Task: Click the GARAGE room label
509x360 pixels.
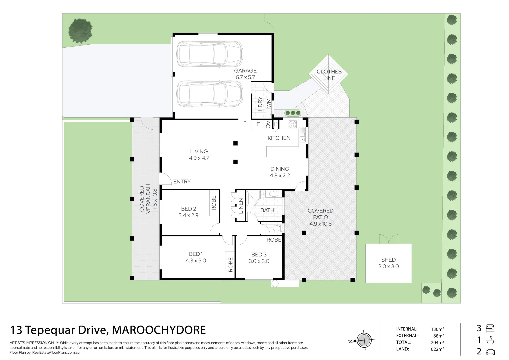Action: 245,71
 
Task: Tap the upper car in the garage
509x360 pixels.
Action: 209,54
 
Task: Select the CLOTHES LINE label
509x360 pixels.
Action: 329,75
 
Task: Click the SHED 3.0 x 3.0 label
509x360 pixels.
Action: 388,263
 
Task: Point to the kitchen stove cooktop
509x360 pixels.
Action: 293,125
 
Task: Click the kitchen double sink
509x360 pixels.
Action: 302,137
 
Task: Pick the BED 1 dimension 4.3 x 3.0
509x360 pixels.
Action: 196,261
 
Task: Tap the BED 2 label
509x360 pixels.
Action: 188,209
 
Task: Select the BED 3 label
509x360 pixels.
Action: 259,255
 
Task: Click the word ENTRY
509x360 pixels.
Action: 182,182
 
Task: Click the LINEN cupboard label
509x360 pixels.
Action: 241,206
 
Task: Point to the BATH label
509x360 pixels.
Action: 267,210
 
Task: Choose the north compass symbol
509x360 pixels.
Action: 363,341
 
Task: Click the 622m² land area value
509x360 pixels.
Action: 437,349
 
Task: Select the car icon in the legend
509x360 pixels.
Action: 490,352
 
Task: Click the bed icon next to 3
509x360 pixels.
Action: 490,329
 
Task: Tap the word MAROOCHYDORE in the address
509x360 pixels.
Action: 159,330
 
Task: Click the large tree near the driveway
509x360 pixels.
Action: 80,31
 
